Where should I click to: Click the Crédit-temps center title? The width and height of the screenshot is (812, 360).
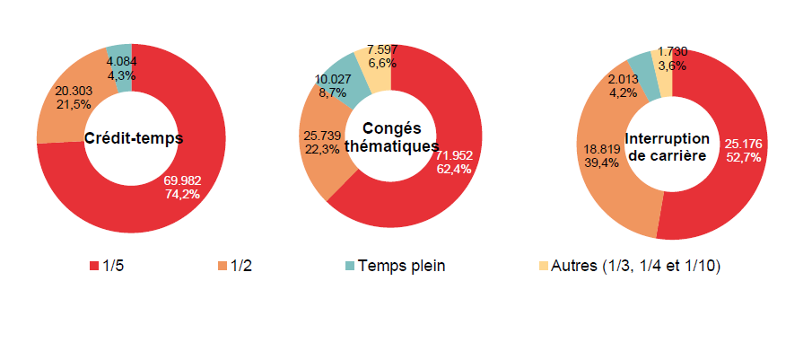(134, 138)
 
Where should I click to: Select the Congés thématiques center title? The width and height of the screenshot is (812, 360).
(391, 138)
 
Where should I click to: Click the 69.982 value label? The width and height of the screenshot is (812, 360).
(182, 180)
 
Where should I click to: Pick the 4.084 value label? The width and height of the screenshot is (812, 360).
(121, 62)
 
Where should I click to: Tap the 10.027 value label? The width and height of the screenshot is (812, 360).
(333, 79)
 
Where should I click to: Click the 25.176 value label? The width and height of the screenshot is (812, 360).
(743, 144)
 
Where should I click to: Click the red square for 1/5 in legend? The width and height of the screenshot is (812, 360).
(94, 267)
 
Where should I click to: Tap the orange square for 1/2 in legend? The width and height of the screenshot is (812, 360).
(221, 267)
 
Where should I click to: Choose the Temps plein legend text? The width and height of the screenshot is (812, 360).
(401, 266)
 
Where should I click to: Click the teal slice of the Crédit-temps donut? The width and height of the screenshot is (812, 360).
(120, 51)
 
